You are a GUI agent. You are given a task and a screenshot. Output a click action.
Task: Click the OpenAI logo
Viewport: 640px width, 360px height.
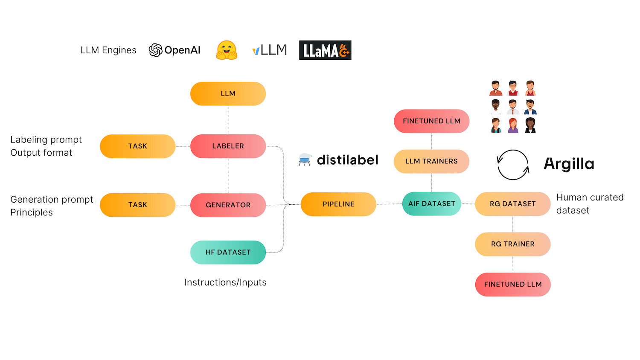175,50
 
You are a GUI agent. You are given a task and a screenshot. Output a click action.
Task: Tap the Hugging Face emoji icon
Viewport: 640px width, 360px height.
227,50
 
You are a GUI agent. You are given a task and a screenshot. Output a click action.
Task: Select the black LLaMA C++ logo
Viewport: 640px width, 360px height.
325,50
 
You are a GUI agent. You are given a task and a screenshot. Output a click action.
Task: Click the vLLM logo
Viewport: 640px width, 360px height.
270,50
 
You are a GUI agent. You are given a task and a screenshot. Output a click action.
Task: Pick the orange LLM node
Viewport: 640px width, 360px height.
228,93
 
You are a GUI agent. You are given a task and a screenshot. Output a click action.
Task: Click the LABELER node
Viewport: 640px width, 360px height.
228,146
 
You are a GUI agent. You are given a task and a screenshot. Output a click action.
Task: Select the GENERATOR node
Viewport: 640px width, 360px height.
228,205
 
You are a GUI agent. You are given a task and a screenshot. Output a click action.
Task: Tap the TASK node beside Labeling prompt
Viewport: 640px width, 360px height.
137,146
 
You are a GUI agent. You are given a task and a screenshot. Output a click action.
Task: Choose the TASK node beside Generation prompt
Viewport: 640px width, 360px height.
137,205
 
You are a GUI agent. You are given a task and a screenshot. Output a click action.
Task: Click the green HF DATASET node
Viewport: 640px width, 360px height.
228,252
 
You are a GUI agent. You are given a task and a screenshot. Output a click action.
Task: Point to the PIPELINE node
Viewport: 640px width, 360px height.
338,204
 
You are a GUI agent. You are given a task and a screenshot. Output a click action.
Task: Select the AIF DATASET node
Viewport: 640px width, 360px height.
431,203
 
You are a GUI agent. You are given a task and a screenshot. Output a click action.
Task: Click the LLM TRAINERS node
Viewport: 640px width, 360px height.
431,161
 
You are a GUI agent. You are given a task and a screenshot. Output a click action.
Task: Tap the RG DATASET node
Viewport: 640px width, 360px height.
512,204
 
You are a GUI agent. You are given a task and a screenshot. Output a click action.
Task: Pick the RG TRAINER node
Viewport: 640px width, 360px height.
512,244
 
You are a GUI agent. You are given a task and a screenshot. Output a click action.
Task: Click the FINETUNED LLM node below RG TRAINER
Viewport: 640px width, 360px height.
512,284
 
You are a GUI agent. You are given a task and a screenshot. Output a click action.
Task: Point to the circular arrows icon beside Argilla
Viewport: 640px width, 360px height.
513,165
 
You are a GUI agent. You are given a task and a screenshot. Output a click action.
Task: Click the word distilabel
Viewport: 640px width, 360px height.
347,160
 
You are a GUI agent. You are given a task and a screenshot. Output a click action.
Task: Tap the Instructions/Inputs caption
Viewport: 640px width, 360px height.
225,282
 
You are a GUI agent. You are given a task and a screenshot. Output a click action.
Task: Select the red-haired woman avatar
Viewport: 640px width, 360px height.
513,125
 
